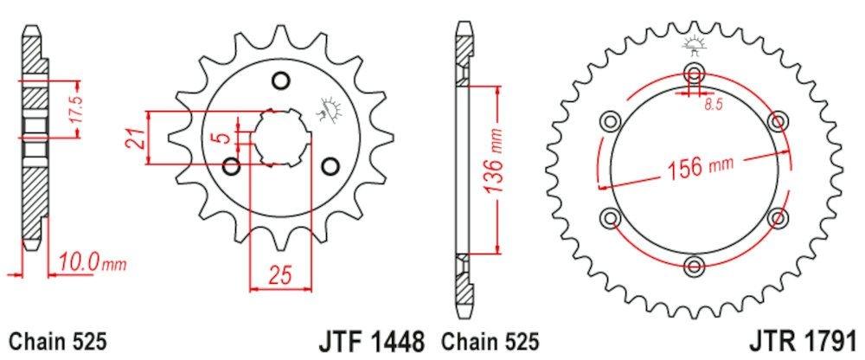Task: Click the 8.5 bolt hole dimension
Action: (712, 106)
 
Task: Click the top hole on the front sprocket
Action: (279, 82)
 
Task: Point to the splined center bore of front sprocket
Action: (279, 137)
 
